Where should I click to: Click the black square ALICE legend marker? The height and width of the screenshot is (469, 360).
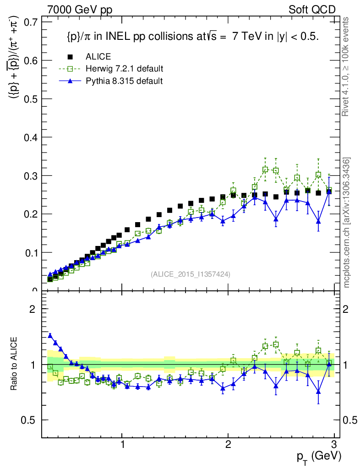pyautogui.click(x=70, y=57)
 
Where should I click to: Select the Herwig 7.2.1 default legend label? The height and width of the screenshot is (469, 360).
pyautogui.click(x=124, y=69)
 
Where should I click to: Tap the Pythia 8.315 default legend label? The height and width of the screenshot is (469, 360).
pyautogui.click(x=124, y=81)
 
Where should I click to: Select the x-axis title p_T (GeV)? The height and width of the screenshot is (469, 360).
pyautogui.click(x=319, y=456)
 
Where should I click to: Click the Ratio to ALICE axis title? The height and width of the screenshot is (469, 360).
pyautogui.click(x=15, y=364)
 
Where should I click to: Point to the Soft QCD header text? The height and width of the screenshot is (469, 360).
pyautogui.click(x=312, y=10)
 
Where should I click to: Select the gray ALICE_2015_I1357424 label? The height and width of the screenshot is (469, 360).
pyautogui.click(x=190, y=274)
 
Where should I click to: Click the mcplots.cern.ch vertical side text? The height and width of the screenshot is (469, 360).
pyautogui.click(x=346, y=223)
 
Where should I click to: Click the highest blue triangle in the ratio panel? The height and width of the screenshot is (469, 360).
pyautogui.click(x=50, y=335)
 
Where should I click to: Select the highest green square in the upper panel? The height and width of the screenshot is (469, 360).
pyautogui.click(x=265, y=169)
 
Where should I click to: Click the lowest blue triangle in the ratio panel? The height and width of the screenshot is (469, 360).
pyautogui.click(x=318, y=392)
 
